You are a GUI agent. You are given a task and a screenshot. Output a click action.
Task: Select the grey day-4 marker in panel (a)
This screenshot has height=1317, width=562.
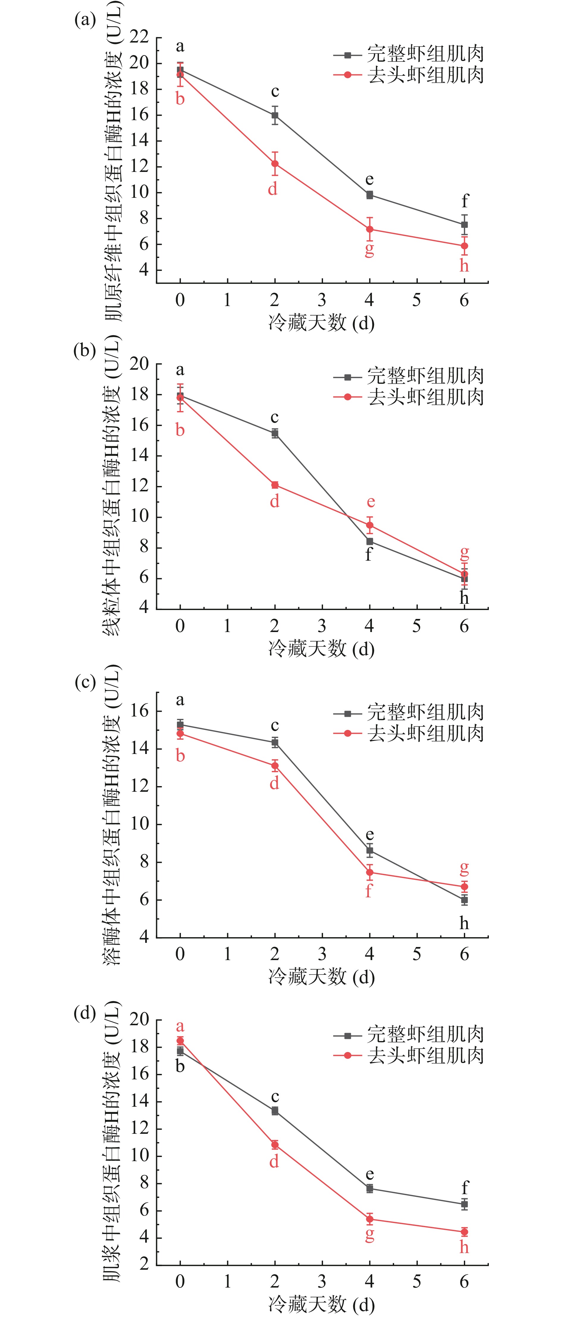(369, 195)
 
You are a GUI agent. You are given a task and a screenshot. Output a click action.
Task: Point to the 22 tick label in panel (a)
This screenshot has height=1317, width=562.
(139, 37)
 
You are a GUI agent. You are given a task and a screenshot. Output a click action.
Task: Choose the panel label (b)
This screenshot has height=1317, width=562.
(84, 351)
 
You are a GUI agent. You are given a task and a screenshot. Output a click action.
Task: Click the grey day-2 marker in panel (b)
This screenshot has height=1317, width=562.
(275, 434)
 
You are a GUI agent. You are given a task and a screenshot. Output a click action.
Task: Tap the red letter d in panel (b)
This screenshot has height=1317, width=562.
(274, 501)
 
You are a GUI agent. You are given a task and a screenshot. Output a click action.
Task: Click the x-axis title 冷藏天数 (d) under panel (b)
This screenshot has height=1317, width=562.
(321, 649)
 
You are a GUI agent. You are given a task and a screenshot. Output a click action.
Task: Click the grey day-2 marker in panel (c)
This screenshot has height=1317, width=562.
(275, 742)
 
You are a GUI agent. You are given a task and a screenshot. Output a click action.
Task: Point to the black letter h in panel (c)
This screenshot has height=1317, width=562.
(464, 923)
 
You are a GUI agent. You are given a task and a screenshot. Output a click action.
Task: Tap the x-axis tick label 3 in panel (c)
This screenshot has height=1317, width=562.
(322, 954)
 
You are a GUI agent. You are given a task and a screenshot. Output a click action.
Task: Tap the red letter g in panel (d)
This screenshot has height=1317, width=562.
(369, 1235)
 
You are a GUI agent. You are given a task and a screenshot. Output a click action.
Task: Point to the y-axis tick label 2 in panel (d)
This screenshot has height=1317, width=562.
(144, 1265)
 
